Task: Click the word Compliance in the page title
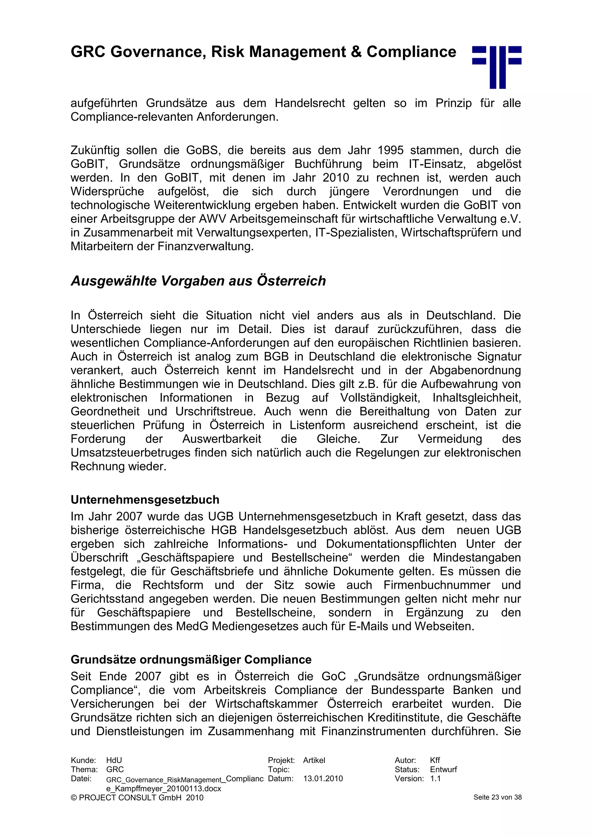(x=411, y=52)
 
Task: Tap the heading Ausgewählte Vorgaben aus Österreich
(x=198, y=281)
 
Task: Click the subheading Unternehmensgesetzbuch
(x=145, y=499)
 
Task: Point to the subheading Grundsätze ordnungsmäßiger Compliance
(x=191, y=660)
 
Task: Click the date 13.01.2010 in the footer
(x=323, y=779)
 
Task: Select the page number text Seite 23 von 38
(x=497, y=797)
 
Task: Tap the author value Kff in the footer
(x=435, y=760)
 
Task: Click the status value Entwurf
(x=443, y=770)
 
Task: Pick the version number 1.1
(x=435, y=779)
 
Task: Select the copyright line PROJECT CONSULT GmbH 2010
(x=137, y=798)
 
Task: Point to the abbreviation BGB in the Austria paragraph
(x=277, y=357)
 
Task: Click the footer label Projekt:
(x=281, y=760)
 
